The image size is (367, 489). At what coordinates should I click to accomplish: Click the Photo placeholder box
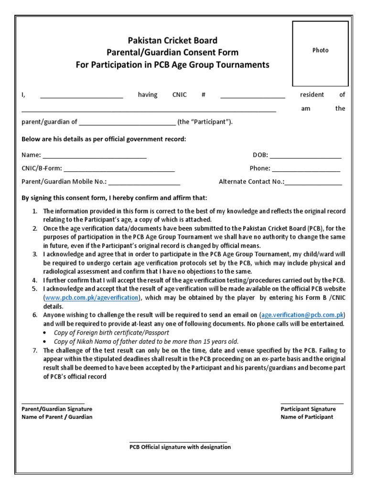pos(320,51)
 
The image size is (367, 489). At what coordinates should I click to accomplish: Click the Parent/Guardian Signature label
pos(57,409)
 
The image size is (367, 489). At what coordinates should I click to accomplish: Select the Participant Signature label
pos(308,409)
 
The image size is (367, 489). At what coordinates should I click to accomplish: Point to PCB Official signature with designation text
pos(180,447)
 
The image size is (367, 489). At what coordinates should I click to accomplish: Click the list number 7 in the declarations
pos(34,350)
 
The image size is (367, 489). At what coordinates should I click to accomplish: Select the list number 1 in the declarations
pos(34,211)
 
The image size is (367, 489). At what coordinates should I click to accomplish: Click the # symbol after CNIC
pos(204,95)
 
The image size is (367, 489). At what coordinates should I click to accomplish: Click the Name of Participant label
pos(307,417)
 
